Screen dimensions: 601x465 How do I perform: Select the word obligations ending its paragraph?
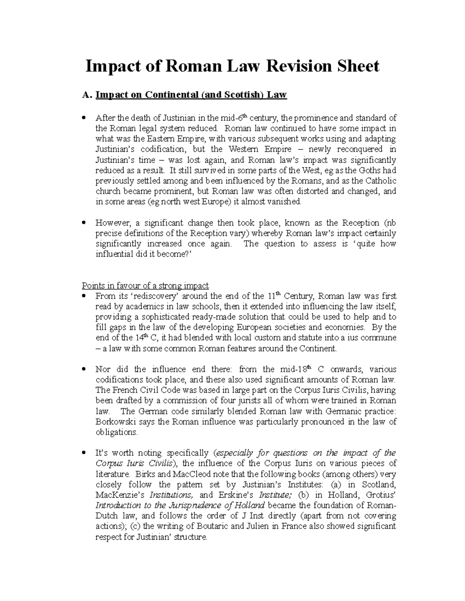point(116,432)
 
